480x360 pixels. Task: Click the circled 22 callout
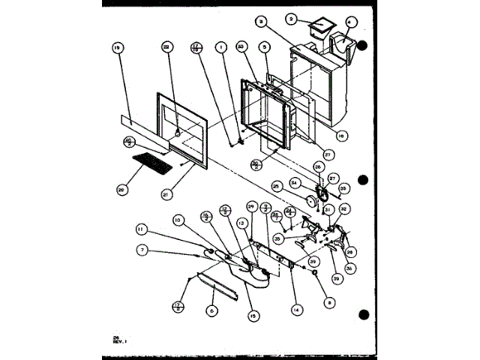[166, 47]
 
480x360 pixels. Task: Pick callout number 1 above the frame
[222, 47]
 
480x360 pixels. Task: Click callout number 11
[141, 228]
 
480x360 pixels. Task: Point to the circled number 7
[142, 249]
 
